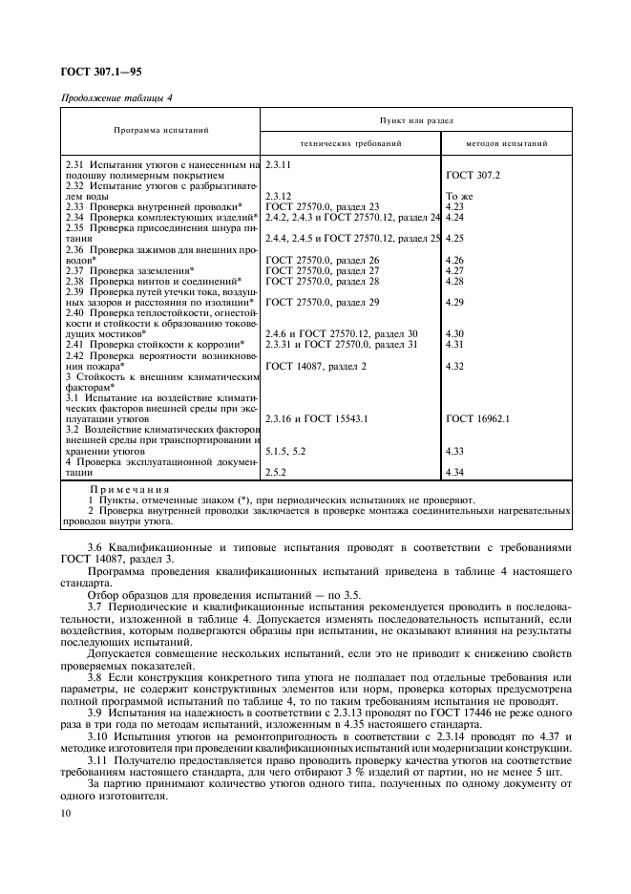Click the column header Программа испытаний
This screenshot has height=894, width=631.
pyautogui.click(x=161, y=130)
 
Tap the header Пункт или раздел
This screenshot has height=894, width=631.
pyautogui.click(x=416, y=120)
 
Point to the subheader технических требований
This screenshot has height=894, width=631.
pyautogui.click(x=350, y=143)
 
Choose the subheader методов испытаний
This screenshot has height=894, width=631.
pyautogui.click(x=506, y=143)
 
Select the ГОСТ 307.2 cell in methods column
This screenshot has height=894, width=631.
pyautogui.click(x=473, y=176)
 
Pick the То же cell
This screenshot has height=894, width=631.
pyautogui.click(x=459, y=196)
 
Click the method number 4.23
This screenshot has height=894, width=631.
pyautogui.click(x=454, y=206)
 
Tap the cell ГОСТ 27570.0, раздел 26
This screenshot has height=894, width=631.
pyautogui.click(x=322, y=260)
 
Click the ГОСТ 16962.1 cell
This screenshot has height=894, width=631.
pyautogui.click(x=477, y=418)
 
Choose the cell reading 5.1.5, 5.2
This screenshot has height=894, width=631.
pyautogui.click(x=285, y=450)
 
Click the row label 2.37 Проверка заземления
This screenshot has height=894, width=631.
pyautogui.click(x=129, y=270)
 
